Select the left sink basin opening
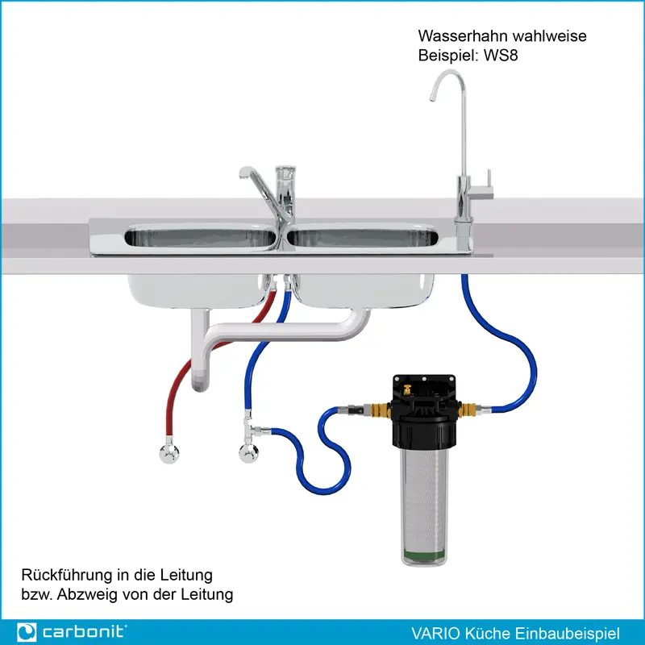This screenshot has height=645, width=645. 200,238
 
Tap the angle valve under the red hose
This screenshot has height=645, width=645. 169,453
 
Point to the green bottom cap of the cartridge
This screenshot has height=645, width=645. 421,556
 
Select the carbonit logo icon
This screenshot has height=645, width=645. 27,631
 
